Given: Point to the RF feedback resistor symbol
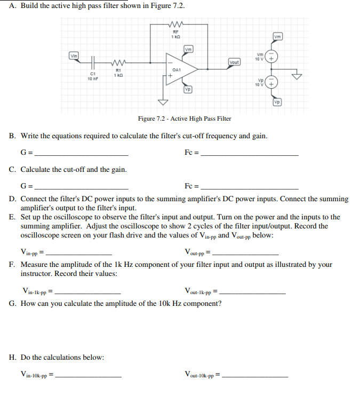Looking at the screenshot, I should click(177, 24).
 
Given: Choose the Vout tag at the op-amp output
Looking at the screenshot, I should click(234, 62).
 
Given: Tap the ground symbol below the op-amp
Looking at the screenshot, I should click(163, 101).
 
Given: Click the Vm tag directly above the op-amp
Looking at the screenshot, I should click(188, 50).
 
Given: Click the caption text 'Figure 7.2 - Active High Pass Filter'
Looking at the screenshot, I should click(184, 118).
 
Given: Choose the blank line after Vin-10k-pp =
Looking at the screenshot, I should click(89, 377).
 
